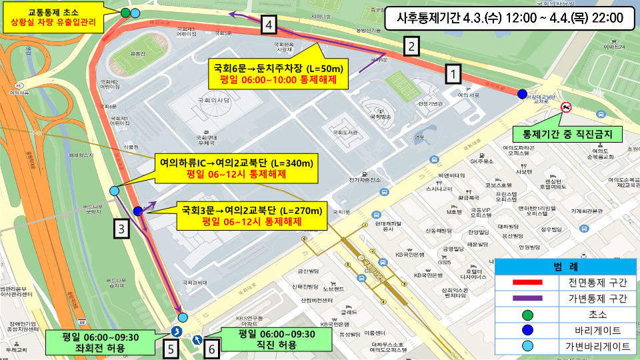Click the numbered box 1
pyautogui.click(x=453, y=73)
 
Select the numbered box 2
pyautogui.click(x=412, y=47)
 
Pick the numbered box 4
pyautogui.click(x=268, y=25)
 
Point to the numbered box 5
pyautogui.click(x=171, y=347)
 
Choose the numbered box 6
pyautogui.click(x=212, y=347)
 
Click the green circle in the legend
pyautogui.click(x=527, y=314)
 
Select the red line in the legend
pyautogui.click(x=527, y=283)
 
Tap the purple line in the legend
pyautogui.click(x=527, y=298)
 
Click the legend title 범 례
pyautogui.click(x=566, y=267)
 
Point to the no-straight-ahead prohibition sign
pyautogui.click(x=566, y=107)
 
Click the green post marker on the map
pyautogui.click(x=126, y=13)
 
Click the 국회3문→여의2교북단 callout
pyautogui.click(x=252, y=216)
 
